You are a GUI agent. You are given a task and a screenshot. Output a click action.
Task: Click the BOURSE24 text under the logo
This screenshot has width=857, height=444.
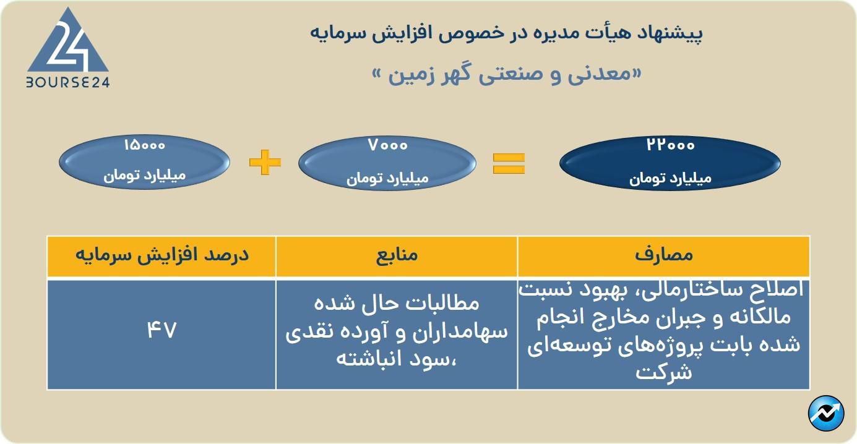[x=67, y=82]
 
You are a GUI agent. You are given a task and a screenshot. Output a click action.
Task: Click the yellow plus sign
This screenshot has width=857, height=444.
[x=265, y=162]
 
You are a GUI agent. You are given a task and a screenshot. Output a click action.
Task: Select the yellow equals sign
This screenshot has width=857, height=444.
[x=509, y=163]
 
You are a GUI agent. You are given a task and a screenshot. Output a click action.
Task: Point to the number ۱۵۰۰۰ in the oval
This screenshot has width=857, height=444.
[x=145, y=145]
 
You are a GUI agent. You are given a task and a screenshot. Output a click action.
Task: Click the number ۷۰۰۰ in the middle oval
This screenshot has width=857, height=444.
[x=387, y=145]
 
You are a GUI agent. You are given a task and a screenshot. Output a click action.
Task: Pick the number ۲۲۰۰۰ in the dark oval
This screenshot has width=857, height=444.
[x=670, y=145]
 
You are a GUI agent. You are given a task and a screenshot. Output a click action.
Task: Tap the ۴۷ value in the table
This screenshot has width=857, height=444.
[x=161, y=330]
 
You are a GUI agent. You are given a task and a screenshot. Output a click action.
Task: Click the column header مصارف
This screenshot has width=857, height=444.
[x=664, y=255]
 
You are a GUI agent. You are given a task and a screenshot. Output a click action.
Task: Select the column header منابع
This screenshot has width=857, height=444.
[x=397, y=255]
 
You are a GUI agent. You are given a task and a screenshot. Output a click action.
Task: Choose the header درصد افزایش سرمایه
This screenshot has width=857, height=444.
[x=162, y=255]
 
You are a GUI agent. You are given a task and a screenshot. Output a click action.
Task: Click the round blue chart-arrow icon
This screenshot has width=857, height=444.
[x=826, y=414]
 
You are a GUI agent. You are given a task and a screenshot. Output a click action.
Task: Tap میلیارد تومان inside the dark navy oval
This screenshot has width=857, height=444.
[x=670, y=179]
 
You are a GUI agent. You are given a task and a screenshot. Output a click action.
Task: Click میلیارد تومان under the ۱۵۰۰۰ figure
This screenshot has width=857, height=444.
[x=145, y=176]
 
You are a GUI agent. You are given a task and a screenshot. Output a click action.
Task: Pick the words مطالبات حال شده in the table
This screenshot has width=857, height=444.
[x=397, y=304]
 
